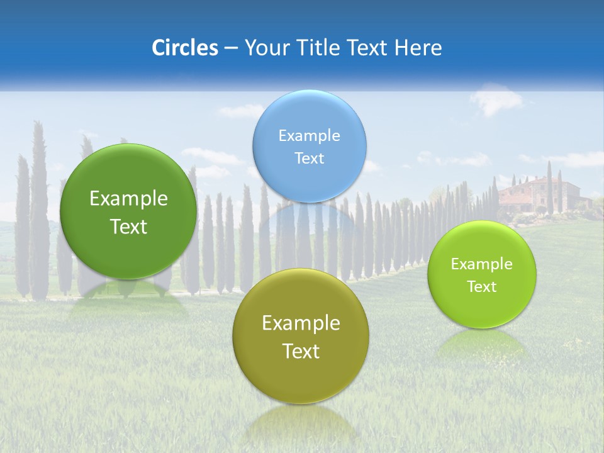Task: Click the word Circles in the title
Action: tap(184, 48)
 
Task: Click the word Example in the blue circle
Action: tap(309, 136)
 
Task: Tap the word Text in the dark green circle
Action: tap(128, 226)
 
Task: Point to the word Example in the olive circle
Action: tap(300, 323)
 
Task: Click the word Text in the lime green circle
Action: tap(482, 286)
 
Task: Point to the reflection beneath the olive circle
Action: tap(300, 422)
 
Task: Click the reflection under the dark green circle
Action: tap(128, 299)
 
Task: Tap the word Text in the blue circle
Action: tap(309, 159)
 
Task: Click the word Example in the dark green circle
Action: tap(128, 199)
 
